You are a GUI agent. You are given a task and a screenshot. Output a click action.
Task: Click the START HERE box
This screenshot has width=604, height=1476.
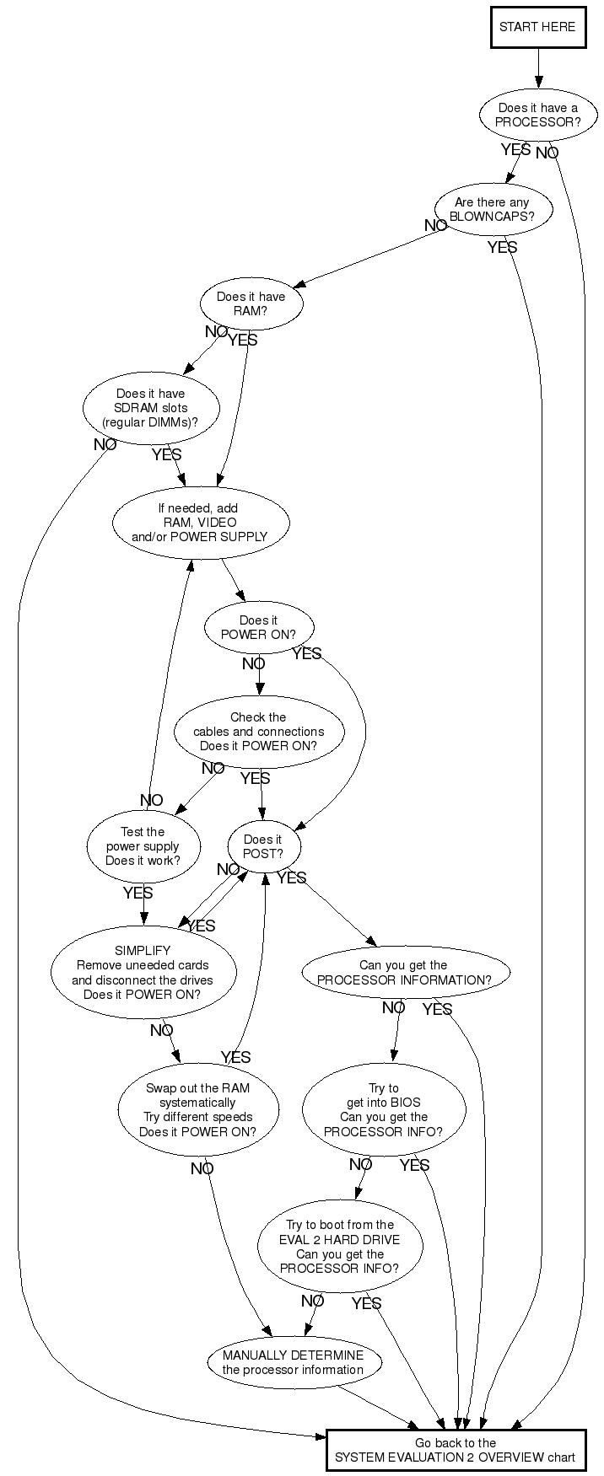pos(537,27)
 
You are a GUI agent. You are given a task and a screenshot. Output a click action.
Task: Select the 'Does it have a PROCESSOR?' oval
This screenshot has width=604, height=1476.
pos(537,115)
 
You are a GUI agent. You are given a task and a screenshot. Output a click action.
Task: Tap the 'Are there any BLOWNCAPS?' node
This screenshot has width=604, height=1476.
pos(492,209)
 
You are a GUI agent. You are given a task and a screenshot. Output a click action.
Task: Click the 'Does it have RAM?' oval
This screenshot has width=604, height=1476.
pos(251,303)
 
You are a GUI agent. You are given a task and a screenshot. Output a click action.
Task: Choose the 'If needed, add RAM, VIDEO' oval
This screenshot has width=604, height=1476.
pos(200,523)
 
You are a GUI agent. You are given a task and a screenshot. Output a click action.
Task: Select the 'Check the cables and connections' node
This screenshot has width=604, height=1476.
pos(259,732)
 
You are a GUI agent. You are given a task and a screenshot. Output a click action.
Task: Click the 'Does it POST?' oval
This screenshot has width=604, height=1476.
pos(262,846)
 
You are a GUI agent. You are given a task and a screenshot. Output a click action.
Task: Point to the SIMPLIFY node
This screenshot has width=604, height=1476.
pos(143,972)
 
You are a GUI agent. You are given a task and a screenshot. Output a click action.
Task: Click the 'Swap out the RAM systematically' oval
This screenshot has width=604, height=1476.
pos(197,1109)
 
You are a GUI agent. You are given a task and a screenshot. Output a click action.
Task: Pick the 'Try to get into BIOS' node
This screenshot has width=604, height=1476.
pos(383,1109)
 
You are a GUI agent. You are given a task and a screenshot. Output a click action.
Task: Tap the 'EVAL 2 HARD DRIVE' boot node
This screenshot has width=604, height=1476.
pos(339,1246)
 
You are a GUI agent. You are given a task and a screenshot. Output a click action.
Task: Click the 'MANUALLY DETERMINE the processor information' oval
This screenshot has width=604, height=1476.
pos(294,1362)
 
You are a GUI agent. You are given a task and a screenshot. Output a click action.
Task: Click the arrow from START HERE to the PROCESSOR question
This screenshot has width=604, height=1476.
pos(537,69)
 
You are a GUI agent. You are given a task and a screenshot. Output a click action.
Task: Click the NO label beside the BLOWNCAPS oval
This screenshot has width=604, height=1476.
pos(435,226)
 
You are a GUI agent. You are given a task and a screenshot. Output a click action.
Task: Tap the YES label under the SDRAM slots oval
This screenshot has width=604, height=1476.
pos(166,455)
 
